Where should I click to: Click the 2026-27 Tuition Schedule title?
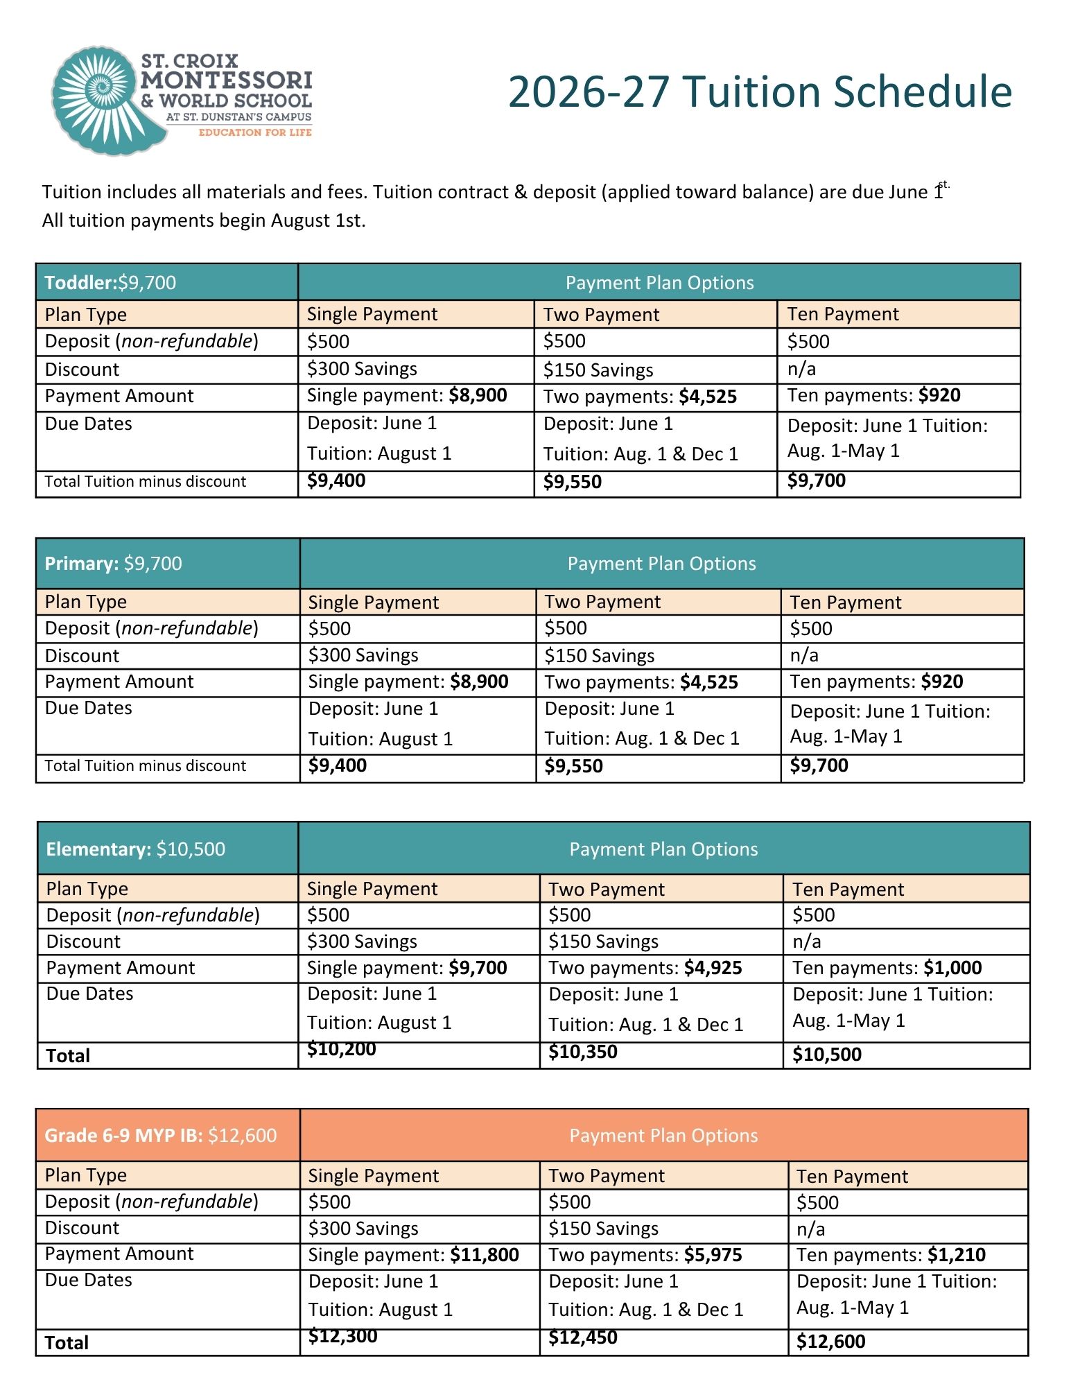tap(760, 92)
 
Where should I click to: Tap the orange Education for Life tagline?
tap(255, 132)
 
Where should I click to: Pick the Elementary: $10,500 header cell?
tap(136, 849)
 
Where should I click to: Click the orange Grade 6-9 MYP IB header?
tap(160, 1135)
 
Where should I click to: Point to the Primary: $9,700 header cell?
tap(114, 564)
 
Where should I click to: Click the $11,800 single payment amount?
tap(484, 1254)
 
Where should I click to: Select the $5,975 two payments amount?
tap(713, 1254)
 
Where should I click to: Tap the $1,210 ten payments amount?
tap(956, 1254)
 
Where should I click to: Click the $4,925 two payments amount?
tap(713, 968)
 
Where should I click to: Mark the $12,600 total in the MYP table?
tap(830, 1341)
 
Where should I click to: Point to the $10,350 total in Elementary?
tap(582, 1052)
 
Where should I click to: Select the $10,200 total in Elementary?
tap(341, 1050)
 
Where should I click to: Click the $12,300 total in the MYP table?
tap(342, 1336)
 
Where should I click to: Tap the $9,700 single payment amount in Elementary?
tap(478, 968)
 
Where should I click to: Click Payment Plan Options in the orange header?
tap(663, 1135)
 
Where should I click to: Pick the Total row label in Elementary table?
tap(68, 1055)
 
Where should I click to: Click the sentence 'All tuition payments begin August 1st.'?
tap(204, 220)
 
